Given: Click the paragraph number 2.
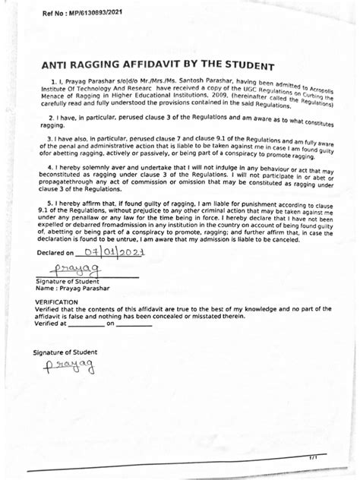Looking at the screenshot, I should pos(49,118).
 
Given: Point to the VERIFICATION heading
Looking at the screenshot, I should pos(57,302).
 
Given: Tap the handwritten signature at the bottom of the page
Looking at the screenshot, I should pos(69,368).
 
